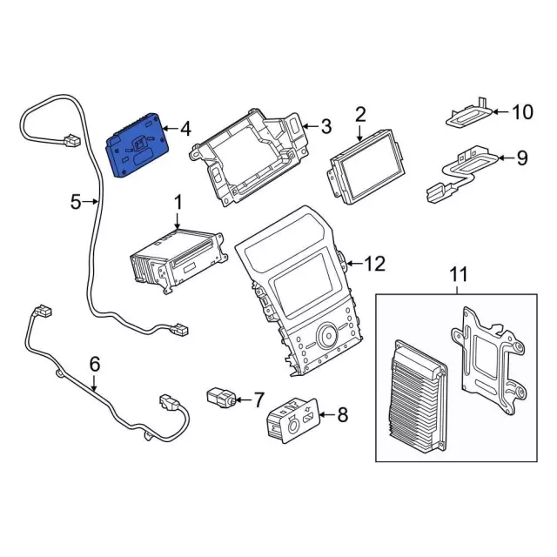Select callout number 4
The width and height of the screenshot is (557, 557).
click(185, 129)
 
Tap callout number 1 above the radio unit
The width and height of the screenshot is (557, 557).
click(178, 202)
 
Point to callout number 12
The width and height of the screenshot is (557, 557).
click(373, 262)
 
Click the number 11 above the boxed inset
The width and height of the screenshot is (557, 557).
click(458, 275)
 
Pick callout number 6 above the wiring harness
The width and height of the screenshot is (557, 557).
click(95, 363)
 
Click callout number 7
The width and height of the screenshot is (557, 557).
click(258, 399)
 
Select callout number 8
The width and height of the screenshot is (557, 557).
click(341, 415)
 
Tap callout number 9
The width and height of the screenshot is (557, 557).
click(521, 158)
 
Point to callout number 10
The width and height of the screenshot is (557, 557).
click(520, 111)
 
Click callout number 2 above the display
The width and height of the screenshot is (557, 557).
click(360, 114)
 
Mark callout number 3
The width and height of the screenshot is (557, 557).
click(325, 127)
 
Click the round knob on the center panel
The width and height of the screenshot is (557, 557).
click(328, 333)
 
